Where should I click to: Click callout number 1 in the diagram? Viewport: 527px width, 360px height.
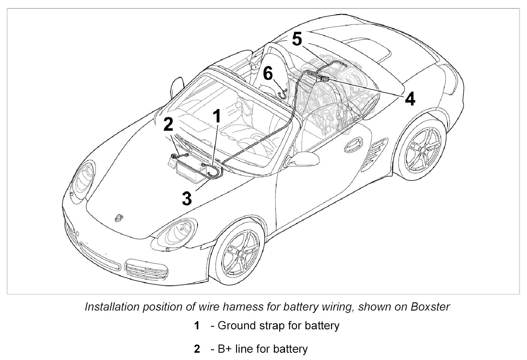pyautogui.click(x=217, y=115)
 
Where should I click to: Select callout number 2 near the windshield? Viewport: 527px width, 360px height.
pyautogui.click(x=168, y=124)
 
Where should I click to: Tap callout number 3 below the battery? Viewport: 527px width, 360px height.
pyautogui.click(x=187, y=199)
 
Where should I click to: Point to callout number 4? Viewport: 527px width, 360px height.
pyautogui.click(x=410, y=99)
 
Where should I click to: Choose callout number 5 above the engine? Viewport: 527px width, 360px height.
pyautogui.click(x=297, y=39)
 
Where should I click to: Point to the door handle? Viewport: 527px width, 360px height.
pyautogui.click(x=353, y=144)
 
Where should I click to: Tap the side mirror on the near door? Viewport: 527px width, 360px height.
pyautogui.click(x=301, y=159)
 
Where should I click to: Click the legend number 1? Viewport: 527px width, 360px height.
pyautogui.click(x=197, y=326)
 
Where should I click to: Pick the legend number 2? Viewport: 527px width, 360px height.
pyautogui.click(x=197, y=349)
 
